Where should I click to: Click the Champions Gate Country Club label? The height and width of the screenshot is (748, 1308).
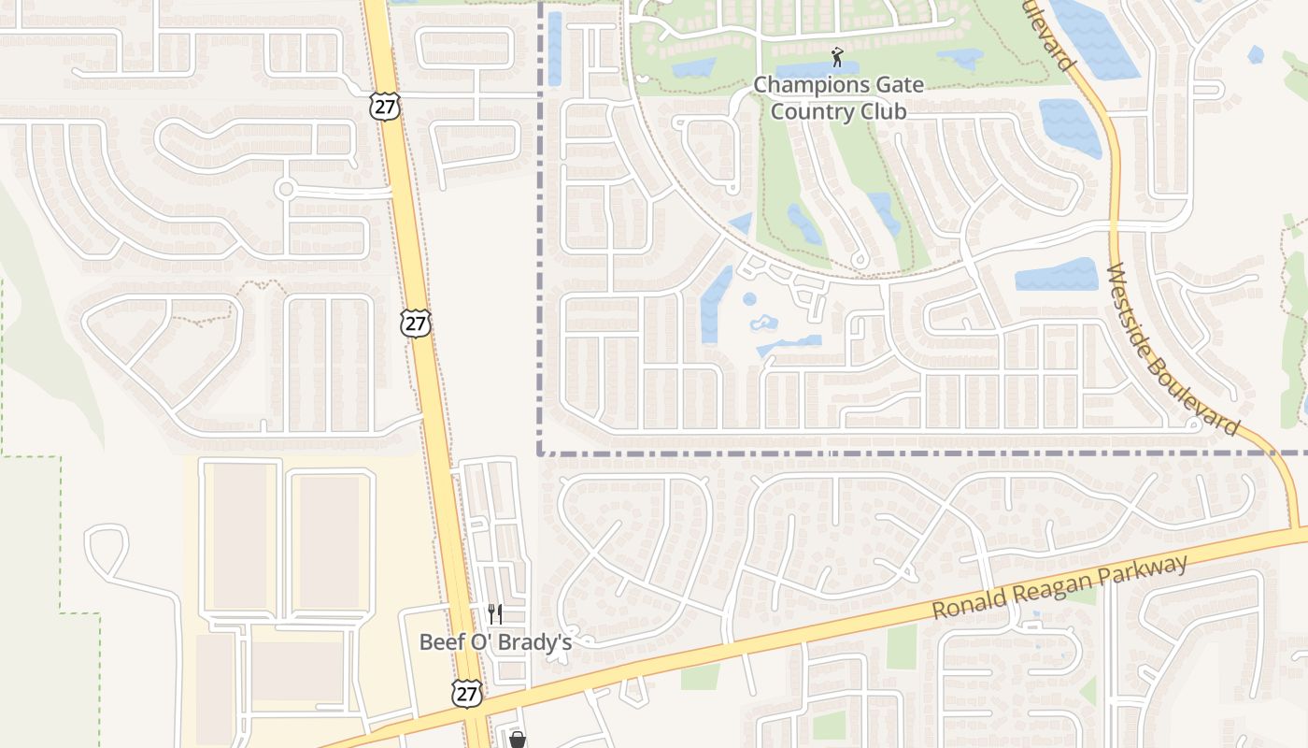click(838, 98)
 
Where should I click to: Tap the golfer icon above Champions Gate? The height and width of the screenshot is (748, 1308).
click(837, 58)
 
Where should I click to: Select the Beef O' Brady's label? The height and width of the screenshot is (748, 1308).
click(495, 642)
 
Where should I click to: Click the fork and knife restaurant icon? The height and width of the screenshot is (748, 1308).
click(495, 614)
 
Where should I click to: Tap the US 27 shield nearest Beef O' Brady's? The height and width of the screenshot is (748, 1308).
click(466, 693)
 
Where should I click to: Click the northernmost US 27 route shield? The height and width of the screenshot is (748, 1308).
click(384, 105)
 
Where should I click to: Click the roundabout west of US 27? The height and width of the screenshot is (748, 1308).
click(286, 190)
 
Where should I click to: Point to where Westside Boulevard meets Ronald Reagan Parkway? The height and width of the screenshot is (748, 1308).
click(1296, 532)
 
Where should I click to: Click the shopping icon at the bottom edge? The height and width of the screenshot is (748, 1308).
click(517, 740)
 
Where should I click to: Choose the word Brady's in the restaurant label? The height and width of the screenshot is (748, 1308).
click(537, 642)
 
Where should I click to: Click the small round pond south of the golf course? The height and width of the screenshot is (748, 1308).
click(749, 299)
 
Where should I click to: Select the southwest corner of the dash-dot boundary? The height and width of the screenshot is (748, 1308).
click(540, 453)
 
